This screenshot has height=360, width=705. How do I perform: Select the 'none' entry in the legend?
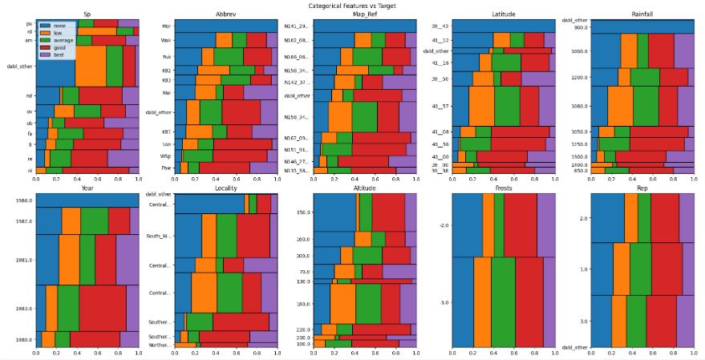[59, 26]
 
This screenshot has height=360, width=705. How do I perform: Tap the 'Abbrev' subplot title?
[225, 14]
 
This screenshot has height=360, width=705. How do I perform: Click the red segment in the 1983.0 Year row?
[102, 308]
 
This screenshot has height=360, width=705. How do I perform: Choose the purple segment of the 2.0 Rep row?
[686, 218]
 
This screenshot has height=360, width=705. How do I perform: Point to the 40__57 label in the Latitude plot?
[440, 105]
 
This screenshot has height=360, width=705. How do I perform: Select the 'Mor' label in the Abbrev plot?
[165, 26]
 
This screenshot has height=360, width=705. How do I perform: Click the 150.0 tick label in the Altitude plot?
[302, 212]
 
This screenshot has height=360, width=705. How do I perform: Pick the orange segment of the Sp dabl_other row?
[91, 67]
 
